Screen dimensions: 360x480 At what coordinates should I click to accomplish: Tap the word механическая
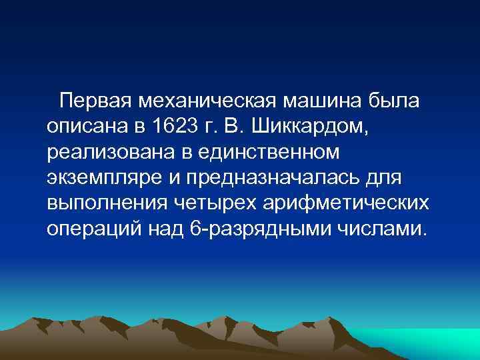click(207, 102)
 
